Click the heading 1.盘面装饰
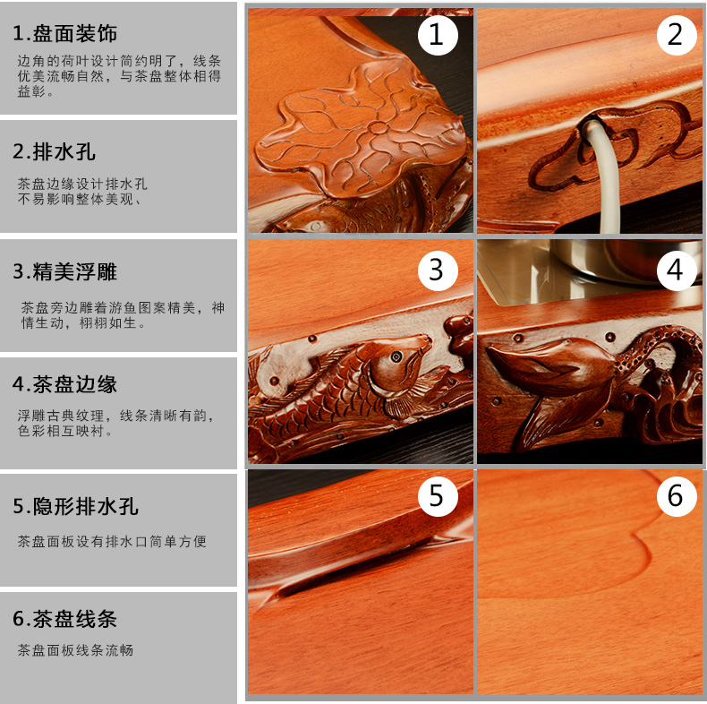[x=65, y=33]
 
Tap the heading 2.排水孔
[x=54, y=151]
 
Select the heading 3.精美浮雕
[x=65, y=271]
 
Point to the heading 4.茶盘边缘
[x=65, y=384]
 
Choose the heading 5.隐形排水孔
[x=76, y=506]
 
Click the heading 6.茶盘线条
[x=65, y=619]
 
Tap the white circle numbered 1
[x=438, y=35]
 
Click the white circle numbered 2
[x=677, y=35]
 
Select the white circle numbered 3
[x=438, y=270]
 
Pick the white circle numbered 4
[x=677, y=270]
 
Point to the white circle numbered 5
[x=438, y=496]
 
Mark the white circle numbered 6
[x=677, y=496]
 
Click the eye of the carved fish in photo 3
[x=396, y=357]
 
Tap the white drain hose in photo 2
[x=603, y=176]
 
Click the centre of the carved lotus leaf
[x=378, y=128]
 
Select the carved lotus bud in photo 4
[x=550, y=364]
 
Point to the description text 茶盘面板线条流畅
[x=75, y=650]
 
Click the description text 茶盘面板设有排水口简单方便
[x=112, y=541]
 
